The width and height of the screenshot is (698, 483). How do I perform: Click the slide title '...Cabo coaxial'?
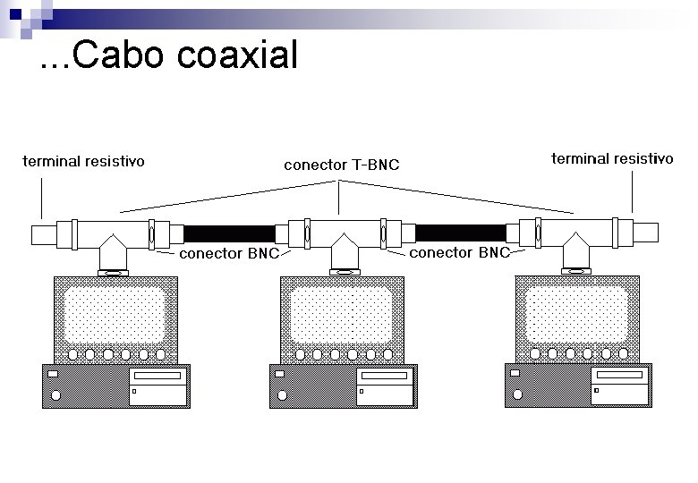click(169, 56)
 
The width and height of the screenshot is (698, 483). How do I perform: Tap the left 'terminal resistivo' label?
click(83, 162)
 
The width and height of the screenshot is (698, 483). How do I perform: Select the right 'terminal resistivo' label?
click(612, 159)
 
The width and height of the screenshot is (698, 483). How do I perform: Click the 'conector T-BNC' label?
click(341, 165)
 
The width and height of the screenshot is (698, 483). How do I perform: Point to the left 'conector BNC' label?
click(230, 253)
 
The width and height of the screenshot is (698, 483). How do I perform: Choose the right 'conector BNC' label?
click(459, 253)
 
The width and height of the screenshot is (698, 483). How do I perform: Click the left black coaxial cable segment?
click(229, 234)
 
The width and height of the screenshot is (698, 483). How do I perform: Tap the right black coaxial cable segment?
click(461, 233)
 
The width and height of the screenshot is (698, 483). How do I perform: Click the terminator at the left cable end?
click(43, 234)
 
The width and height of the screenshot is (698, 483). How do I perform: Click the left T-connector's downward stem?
click(114, 253)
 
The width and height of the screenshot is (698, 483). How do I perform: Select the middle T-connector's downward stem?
click(341, 253)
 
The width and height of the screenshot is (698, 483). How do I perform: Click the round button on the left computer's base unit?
click(55, 394)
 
